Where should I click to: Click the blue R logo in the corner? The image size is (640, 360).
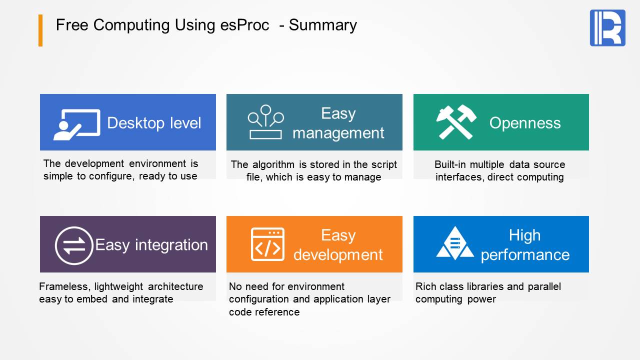[607, 27]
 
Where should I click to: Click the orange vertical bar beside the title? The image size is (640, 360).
[40, 30]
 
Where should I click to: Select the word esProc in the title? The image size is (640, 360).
[244, 25]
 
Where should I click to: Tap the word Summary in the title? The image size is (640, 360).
[323, 25]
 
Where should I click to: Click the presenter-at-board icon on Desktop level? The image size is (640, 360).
[77, 124]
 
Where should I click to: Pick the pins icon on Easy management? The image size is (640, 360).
[265, 122]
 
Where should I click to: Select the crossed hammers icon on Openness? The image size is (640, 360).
[456, 122]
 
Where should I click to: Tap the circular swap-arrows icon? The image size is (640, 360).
[74, 245]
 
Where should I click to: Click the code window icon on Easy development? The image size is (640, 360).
[267, 244]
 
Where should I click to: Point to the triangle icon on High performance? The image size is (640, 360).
[455, 243]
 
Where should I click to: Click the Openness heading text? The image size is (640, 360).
[525, 123]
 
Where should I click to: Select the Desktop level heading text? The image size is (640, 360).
[154, 123]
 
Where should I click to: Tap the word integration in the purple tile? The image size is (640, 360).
[171, 245]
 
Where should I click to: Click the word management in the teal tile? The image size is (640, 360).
[338, 133]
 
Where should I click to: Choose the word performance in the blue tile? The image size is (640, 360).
[525, 255]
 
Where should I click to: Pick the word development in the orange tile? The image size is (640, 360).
[338, 254]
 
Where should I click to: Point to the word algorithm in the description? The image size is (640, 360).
[273, 164]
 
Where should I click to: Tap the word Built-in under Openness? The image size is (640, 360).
[451, 164]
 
